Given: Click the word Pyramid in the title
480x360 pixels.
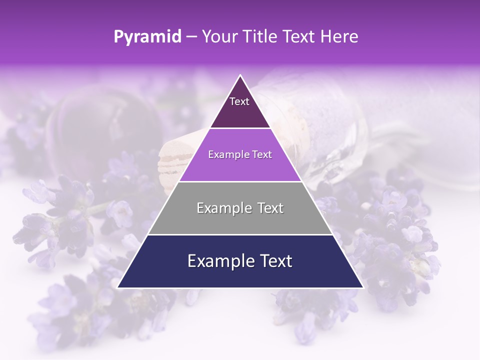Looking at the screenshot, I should click(147, 37).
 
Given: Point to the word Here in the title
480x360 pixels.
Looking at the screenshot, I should click(339, 37).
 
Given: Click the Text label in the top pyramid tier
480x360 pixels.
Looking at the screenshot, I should click(239, 101).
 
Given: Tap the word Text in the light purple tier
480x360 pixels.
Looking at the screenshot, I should click(262, 155).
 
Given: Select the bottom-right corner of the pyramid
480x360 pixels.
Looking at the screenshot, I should click(363, 287).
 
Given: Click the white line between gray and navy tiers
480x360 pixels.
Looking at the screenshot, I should click(240, 234).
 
